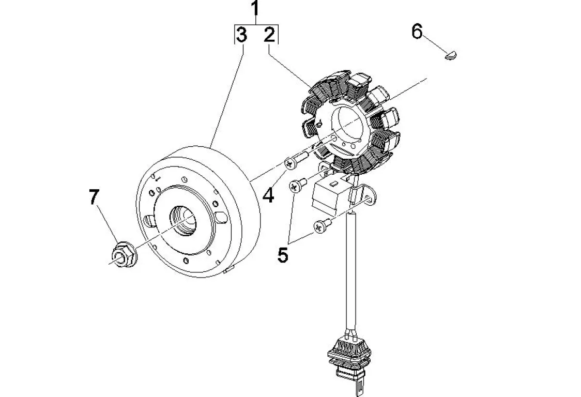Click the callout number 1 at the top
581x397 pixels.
click(x=255, y=9)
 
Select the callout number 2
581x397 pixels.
click(x=269, y=35)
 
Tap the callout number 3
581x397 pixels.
click(x=241, y=35)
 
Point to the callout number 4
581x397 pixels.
click(x=268, y=195)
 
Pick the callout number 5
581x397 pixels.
click(x=283, y=255)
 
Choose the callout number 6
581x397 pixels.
click(x=417, y=32)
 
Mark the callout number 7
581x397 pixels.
click(x=94, y=197)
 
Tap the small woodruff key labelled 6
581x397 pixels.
click(x=451, y=56)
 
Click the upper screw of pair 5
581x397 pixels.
click(x=298, y=184)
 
